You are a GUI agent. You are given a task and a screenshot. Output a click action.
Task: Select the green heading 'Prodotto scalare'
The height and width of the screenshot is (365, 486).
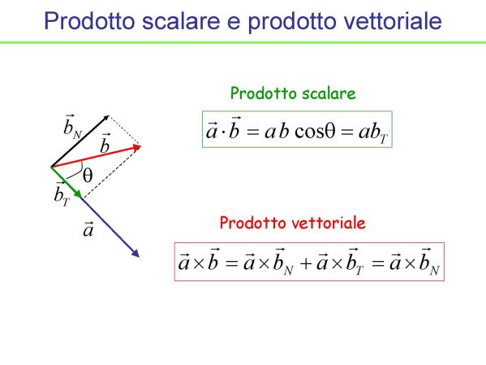(x=293, y=93)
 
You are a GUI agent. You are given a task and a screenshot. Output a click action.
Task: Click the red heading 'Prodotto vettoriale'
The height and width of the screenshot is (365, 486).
(x=293, y=223)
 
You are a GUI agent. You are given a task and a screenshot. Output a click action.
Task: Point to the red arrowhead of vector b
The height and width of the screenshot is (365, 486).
(x=137, y=147)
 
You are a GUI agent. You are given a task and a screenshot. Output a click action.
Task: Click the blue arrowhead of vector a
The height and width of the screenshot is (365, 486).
(x=135, y=253)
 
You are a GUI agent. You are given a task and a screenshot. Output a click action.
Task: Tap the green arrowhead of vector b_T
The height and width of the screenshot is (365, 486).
(x=78, y=193)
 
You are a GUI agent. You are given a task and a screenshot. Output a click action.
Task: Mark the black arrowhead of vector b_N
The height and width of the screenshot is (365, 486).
(x=106, y=117)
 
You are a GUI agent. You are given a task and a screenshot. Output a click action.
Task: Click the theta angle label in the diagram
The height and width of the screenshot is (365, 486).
(x=88, y=176)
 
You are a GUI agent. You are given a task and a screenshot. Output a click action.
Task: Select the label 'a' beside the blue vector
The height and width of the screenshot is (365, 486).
(x=88, y=230)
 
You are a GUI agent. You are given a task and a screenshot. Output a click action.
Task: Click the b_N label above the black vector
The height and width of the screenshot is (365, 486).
(x=72, y=127)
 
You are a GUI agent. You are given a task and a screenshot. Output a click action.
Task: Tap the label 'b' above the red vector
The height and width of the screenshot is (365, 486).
(x=105, y=143)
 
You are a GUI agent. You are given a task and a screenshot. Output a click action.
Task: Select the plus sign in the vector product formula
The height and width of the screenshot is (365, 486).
(x=306, y=263)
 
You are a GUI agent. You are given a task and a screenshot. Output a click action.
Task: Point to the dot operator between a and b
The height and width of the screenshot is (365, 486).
(x=223, y=132)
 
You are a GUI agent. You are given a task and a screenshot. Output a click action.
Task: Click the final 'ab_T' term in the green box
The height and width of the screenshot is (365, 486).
(x=373, y=133)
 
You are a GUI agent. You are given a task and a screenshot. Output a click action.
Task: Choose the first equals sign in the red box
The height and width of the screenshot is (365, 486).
(x=231, y=263)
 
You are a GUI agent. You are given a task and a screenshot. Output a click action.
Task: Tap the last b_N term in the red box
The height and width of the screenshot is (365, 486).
(x=429, y=263)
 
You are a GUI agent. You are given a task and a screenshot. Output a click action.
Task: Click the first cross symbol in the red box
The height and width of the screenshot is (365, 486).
(x=198, y=263)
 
